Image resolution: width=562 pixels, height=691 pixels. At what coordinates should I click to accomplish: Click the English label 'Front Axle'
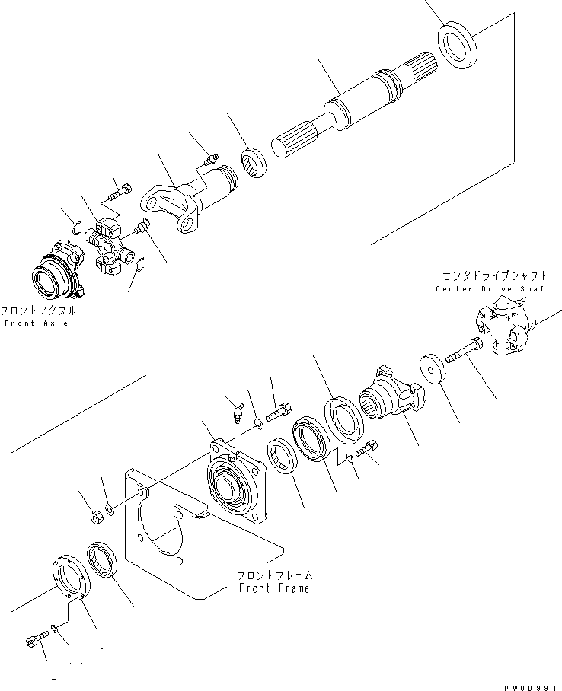point(36,323)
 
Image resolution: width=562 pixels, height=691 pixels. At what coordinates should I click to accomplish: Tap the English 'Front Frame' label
point(274,588)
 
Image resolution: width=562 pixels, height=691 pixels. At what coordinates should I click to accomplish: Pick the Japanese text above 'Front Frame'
point(274,575)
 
